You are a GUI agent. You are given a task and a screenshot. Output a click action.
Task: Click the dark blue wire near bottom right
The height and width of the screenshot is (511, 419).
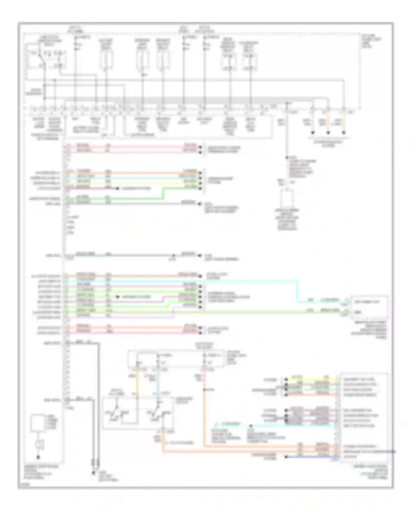coord(313,457)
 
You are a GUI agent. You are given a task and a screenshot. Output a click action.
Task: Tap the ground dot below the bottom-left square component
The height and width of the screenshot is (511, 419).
coord(38,458)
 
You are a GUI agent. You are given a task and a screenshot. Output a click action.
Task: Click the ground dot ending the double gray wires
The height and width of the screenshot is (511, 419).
coord(93,473)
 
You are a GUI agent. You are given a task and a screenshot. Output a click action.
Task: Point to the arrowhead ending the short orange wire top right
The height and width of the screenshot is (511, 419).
coord(328,133)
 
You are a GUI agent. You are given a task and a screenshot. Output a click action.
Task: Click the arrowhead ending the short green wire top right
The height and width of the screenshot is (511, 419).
coord(344,133)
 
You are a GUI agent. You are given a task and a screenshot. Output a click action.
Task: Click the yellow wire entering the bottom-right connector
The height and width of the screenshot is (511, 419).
coord(313,380)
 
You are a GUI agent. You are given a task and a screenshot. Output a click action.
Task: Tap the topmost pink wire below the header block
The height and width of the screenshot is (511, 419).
coord(134,148)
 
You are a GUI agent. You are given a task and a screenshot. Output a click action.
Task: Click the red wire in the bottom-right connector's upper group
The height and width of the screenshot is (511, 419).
coord(313,395)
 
